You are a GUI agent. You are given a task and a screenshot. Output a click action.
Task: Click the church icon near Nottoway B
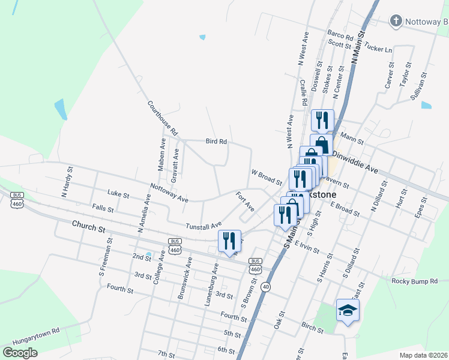[x=396, y=22]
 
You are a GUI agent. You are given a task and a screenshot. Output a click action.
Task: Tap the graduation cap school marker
[x=347, y=310]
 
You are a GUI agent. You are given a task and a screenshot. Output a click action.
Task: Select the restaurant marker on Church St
[x=229, y=241]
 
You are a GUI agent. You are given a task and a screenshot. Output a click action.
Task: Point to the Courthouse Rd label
[x=163, y=117]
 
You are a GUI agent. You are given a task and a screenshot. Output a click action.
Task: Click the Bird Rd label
[x=216, y=142]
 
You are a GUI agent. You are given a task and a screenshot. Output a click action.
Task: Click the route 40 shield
[x=266, y=287]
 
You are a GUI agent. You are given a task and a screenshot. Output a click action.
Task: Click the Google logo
[x=20, y=353]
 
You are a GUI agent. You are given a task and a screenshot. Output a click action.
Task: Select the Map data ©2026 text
[x=423, y=355]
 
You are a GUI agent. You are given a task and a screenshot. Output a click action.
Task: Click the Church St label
[x=88, y=229]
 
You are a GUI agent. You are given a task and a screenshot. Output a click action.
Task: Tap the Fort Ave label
[x=245, y=201]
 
